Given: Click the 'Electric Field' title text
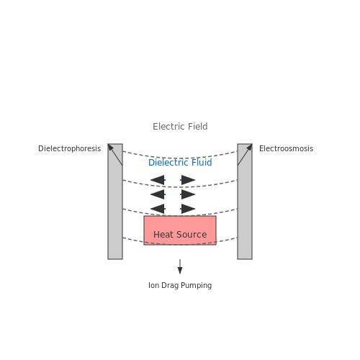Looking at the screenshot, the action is coord(180,127).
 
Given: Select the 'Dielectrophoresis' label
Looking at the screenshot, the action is coord(69,148).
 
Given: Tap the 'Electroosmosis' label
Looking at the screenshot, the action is coord(286,148).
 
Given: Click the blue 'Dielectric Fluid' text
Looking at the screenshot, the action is coord(180,163).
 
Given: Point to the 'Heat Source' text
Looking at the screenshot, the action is coord(180,235).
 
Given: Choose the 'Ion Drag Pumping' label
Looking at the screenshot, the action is coord(180,285).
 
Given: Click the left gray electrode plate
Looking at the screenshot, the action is coord(115,202).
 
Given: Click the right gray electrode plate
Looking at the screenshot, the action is coord(245,202).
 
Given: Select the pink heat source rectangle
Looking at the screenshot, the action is coord(180,230).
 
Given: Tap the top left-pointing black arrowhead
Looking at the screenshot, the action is coord(158,180).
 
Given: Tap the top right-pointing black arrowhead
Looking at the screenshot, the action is coord(188,180).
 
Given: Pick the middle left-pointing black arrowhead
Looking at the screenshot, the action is coord(158,194).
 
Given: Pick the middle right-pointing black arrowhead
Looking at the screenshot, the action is coord(188,194).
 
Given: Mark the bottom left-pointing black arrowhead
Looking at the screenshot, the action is coord(158,209).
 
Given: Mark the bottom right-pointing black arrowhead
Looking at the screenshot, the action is coord(188,209).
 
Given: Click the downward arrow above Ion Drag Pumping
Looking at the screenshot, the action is coord(180,266).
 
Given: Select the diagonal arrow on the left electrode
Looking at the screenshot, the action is coord(115,155).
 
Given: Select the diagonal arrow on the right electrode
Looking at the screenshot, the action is coord(245,155).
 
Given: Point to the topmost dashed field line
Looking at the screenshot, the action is coord(180,158).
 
